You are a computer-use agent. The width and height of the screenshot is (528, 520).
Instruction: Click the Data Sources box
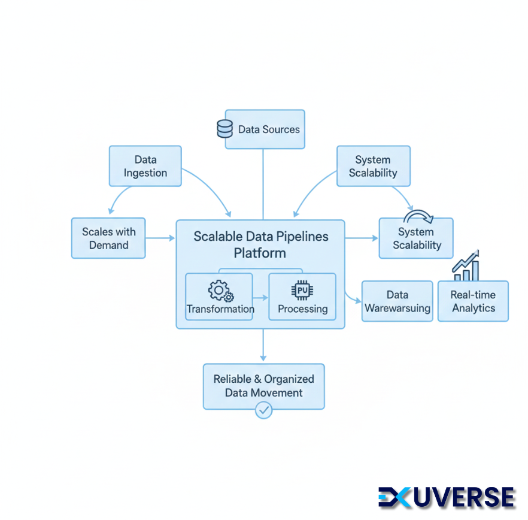coord(265,129)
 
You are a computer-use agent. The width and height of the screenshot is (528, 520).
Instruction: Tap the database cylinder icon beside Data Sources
coord(224,129)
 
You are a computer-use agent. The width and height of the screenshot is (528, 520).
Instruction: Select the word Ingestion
coord(145,173)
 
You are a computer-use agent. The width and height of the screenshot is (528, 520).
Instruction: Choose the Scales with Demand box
coord(108,238)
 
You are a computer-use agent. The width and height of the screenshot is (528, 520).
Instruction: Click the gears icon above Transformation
coord(220,291)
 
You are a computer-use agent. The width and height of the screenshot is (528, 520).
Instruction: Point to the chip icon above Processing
coord(302,291)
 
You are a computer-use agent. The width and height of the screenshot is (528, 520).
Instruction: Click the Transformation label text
coord(220,309)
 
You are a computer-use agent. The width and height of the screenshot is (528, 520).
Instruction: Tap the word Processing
coord(302,309)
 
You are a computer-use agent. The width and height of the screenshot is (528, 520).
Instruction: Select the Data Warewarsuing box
coord(397,301)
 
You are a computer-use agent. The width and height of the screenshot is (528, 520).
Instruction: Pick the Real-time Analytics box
coord(473,301)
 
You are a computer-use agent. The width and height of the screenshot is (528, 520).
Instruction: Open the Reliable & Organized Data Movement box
coord(263,386)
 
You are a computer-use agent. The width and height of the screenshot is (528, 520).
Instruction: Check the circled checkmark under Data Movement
coord(263,410)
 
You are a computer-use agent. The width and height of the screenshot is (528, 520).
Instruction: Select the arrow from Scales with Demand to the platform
coord(160,238)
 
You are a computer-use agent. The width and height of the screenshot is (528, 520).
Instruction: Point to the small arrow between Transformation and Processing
coord(261,297)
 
